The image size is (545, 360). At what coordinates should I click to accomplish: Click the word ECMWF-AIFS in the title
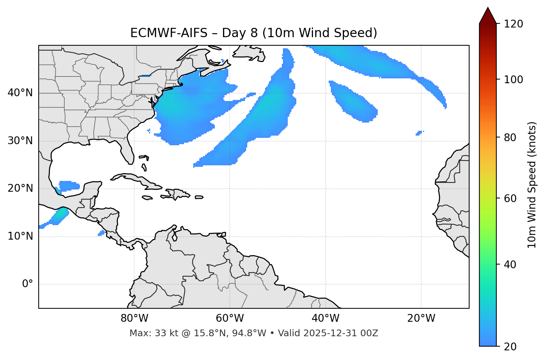pos(169,33)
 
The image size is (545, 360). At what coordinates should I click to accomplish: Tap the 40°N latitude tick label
pos(20,93)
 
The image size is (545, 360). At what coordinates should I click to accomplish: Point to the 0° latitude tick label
pos(28,284)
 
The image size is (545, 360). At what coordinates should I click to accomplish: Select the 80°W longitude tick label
pos(134,318)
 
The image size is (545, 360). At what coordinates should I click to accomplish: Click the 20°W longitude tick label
pos(421,318)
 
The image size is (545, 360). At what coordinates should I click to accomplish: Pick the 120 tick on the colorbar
pos(514,24)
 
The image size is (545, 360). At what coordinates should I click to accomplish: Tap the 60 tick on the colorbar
pos(510,198)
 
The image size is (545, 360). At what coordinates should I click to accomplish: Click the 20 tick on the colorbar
pos(510,346)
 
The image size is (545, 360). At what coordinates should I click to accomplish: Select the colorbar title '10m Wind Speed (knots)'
pos(532,185)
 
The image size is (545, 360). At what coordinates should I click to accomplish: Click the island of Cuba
pos(139,180)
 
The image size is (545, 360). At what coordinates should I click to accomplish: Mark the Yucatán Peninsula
pos(91,189)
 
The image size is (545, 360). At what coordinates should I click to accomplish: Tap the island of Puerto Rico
pos(199,197)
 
